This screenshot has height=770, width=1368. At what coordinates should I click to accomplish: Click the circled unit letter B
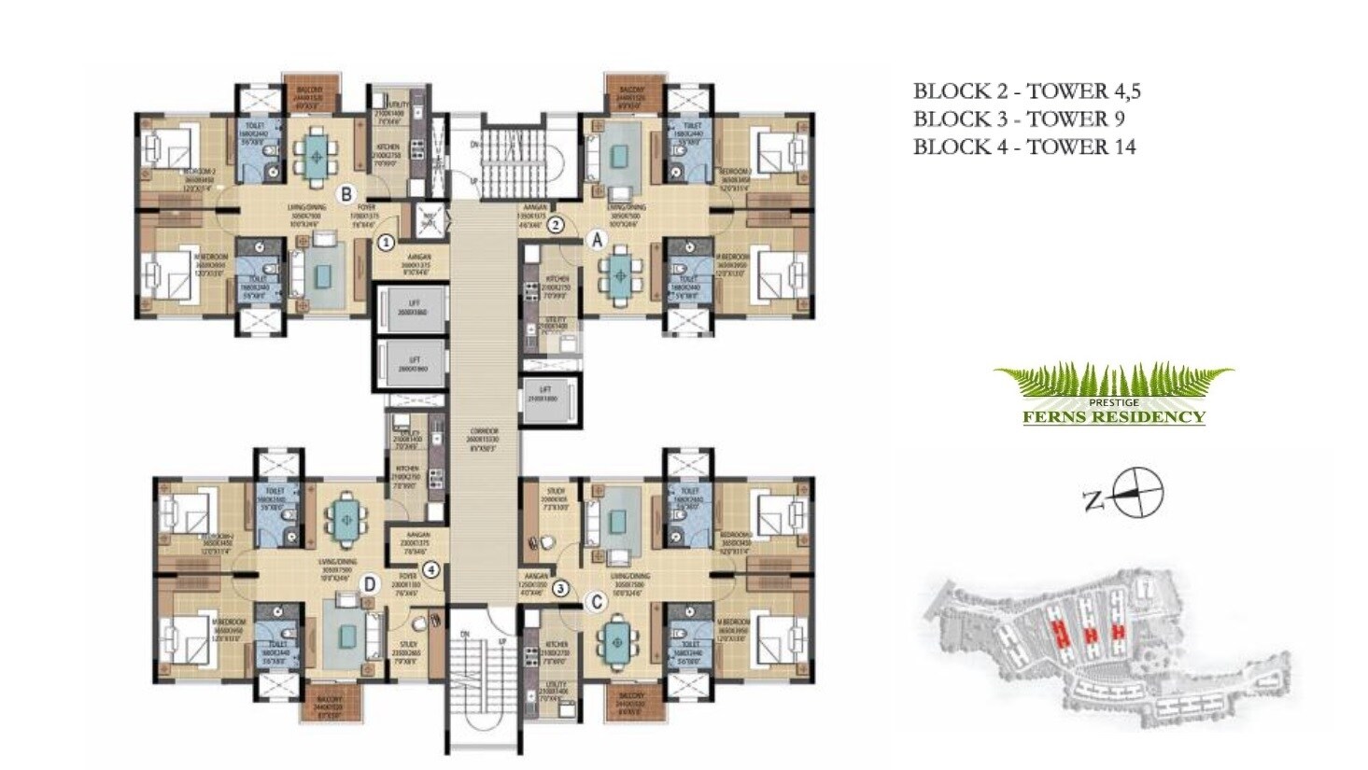(x=346, y=194)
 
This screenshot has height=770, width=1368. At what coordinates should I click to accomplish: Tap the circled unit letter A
(x=597, y=240)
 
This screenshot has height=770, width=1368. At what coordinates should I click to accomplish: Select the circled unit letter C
(x=594, y=602)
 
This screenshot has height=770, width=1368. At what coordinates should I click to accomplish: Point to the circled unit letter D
(x=370, y=584)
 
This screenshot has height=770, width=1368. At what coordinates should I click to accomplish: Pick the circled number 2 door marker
(x=555, y=224)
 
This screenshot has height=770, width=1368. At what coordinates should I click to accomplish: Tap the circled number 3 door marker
(x=560, y=588)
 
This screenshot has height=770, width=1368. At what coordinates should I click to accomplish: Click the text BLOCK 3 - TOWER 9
(x=1018, y=119)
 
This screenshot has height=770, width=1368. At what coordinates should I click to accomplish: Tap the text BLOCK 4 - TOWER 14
(x=1023, y=147)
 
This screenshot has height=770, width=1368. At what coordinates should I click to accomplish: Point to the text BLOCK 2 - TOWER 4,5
(x=1026, y=91)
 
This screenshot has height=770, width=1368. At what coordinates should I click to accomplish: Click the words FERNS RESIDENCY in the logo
(x=1113, y=416)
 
